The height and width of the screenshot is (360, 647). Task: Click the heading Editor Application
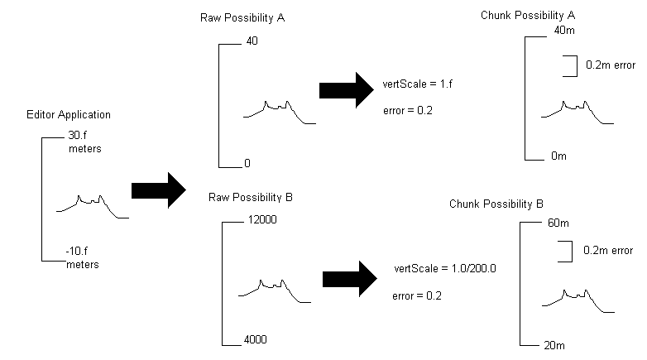pos(69,115)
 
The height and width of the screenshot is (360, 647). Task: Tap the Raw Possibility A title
pos(242,18)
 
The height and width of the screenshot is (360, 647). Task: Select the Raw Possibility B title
pos(251,198)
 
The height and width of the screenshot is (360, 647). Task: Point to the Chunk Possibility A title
pos(528,16)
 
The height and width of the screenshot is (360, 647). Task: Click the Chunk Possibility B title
pos(496,204)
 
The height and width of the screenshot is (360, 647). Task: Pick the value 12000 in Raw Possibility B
pos(262,219)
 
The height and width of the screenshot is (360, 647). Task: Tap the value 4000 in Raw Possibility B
pos(256,340)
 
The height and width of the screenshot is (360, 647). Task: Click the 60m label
pos(558,223)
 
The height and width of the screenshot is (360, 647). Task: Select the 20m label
pos(554,346)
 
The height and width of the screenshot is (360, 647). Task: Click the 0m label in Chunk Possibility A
pos(558,156)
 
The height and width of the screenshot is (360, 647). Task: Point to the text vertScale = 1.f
pos(417,84)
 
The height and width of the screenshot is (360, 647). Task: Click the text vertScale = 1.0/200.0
pos(445,269)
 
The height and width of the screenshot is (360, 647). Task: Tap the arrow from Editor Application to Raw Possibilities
pos(159,190)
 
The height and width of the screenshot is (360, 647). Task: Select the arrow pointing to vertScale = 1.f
pos(347,90)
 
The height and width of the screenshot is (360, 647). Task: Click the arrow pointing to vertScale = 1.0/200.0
pos(350,279)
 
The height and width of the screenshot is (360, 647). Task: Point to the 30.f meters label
pos(85,142)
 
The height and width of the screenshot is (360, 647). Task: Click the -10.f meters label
pos(83,258)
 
